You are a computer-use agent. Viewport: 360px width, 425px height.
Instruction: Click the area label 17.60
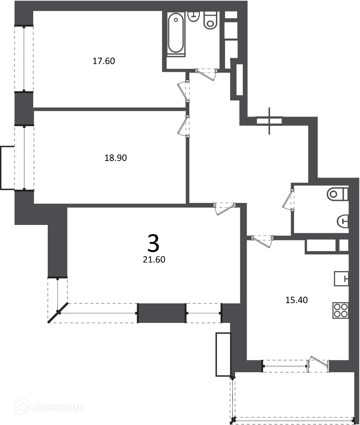pyautogui.click(x=104, y=61)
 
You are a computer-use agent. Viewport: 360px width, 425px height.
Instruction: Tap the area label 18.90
pyautogui.click(x=116, y=158)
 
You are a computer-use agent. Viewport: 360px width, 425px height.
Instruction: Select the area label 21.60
pyautogui.click(x=154, y=260)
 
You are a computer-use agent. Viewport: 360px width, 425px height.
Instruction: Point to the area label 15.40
pyautogui.click(x=296, y=300)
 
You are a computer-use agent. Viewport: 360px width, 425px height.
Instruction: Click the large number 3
pyautogui.click(x=154, y=243)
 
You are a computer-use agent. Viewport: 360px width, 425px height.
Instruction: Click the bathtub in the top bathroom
pyautogui.click(x=176, y=34)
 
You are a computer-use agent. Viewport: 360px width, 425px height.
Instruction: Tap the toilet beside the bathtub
pyautogui.click(x=211, y=20)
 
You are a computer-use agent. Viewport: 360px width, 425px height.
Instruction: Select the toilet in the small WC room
pyautogui.click(x=337, y=194)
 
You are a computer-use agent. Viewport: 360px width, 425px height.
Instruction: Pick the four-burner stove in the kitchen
pyautogui.click(x=341, y=310)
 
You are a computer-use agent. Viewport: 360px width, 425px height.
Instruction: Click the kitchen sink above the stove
pyautogui.click(x=341, y=278)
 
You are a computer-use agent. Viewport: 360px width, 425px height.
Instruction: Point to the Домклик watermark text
pyautogui.click(x=59, y=407)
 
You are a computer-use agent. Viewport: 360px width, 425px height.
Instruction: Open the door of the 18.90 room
pyautogui.click(x=183, y=126)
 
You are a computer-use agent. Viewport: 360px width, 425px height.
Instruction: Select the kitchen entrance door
pyautogui.click(x=262, y=241)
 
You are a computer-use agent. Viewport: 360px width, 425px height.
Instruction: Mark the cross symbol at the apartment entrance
pyautogui.click(x=269, y=121)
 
